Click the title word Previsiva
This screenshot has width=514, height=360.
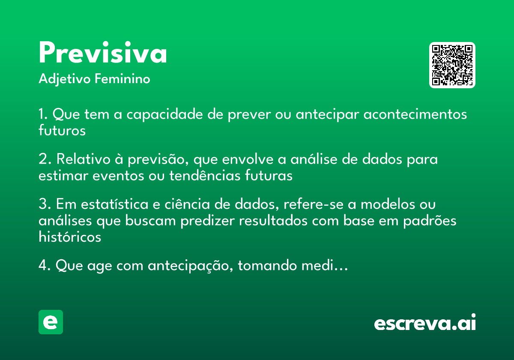coord(103,54)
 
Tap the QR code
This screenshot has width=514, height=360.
coord(452,65)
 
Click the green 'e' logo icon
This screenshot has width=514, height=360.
coord(51,322)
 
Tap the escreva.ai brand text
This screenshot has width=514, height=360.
coord(425,323)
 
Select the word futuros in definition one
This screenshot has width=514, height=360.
coord(62,130)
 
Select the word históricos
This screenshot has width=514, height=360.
coord(70,237)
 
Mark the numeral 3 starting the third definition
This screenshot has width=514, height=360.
coord(42,204)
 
